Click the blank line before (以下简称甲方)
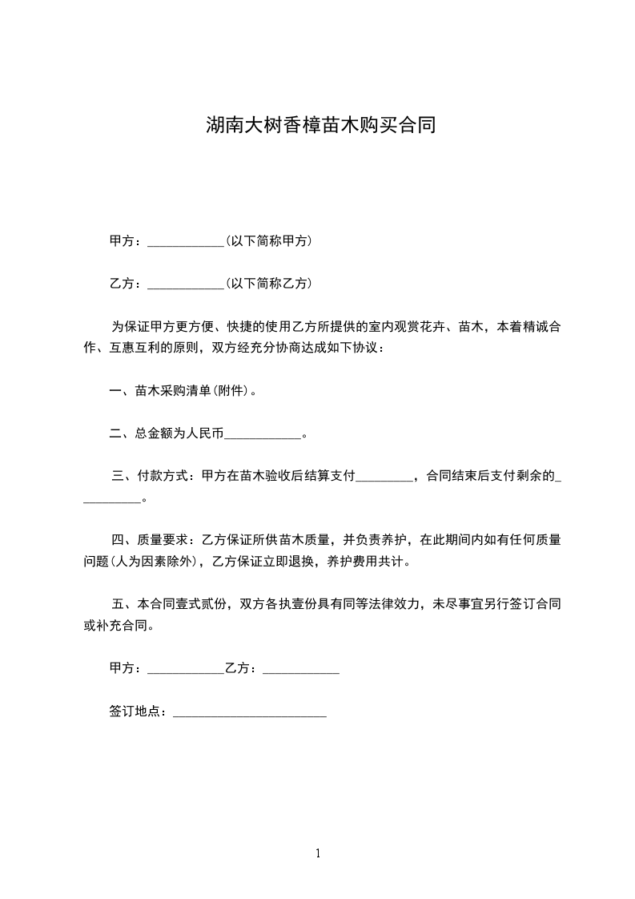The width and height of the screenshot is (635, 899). (187, 243)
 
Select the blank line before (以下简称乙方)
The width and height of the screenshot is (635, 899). (187, 285)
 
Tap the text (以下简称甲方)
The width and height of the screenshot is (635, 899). (269, 241)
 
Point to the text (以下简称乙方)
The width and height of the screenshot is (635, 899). (269, 284)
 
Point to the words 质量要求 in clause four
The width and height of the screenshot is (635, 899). (163, 540)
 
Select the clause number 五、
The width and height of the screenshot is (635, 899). (121, 603)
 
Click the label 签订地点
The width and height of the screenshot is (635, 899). (137, 712)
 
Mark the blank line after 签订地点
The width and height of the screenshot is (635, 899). (250, 713)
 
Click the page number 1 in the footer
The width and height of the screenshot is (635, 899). (318, 854)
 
